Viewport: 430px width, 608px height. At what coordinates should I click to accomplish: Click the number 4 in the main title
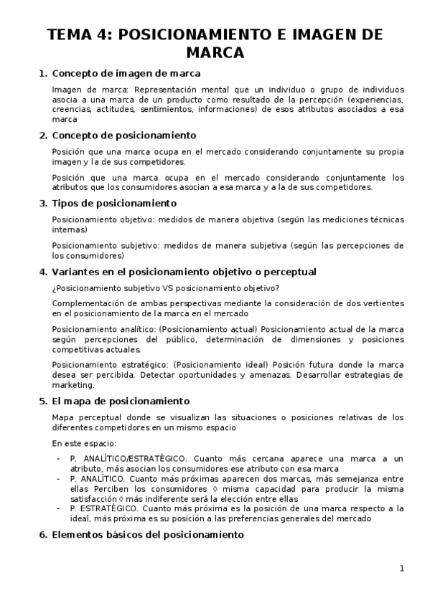coord(99,36)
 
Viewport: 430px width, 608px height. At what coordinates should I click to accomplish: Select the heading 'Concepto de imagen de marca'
coord(126,73)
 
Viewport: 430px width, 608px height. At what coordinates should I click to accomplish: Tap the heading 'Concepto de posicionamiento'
coord(124,136)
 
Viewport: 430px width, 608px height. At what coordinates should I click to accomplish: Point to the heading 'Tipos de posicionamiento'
coord(114,203)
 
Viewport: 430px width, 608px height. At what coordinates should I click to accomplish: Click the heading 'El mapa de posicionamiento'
coord(121,401)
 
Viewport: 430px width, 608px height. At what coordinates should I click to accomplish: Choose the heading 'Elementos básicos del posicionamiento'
coord(148,534)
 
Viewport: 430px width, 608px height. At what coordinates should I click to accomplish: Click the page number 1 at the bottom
coord(402,569)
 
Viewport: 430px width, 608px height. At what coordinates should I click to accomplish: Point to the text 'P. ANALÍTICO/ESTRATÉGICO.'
coord(129,457)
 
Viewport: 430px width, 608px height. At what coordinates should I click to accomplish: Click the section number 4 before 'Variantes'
coord(42,272)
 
